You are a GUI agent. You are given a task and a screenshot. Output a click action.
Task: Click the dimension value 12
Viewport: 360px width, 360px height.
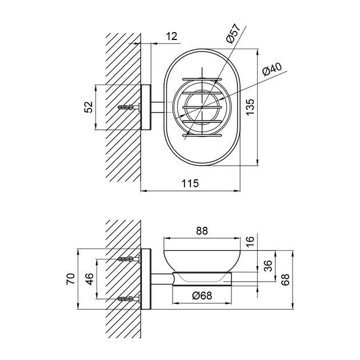coord(172,37)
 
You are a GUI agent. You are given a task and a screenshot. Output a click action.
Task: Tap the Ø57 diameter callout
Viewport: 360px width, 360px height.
coord(233,33)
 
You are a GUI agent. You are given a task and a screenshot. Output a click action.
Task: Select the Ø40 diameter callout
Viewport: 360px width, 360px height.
coord(272,69)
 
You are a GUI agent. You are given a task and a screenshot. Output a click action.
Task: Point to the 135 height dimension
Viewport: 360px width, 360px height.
coord(250,107)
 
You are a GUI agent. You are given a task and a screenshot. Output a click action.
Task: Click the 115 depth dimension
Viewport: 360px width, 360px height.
coord(190,183)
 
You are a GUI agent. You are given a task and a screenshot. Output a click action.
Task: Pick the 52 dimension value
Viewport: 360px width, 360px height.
coord(89,107)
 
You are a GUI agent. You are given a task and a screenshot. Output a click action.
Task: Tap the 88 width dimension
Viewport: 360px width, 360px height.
coord(202,231)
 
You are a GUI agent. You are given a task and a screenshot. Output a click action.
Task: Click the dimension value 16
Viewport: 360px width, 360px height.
coord(250,241)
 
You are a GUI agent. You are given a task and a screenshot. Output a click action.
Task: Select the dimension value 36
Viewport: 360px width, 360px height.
coord(267,266)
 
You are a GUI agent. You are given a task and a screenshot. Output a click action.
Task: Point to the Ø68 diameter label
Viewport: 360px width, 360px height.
coord(202,296)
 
